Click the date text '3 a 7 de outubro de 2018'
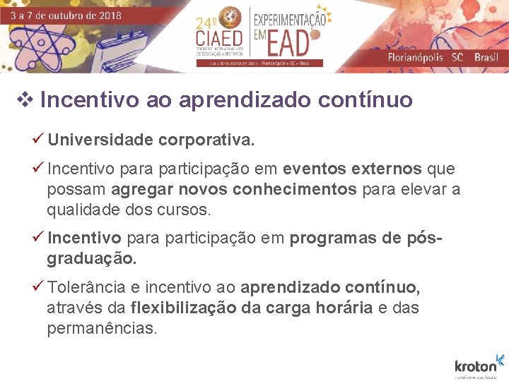(65, 15)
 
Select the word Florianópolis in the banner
(418, 57)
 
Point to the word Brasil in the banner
(486, 57)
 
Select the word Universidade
(100, 140)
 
